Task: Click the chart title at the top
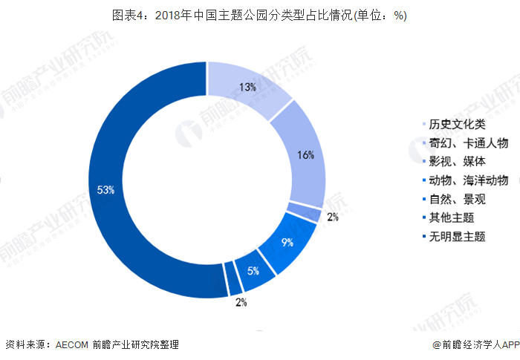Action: [x=259, y=16]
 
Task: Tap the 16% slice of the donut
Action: [x=302, y=155]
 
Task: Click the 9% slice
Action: [x=285, y=242]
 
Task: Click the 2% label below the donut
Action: [x=241, y=302]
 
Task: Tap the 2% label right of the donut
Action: [x=332, y=217]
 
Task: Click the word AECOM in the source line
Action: [x=71, y=344]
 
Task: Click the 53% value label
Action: [x=105, y=190]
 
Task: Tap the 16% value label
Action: [x=305, y=155]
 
